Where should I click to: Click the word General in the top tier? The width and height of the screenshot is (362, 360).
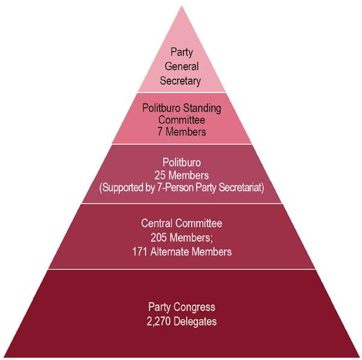182,66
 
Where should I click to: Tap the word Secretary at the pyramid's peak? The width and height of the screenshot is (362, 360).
180,81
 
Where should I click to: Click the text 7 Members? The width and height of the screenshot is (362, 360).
182,132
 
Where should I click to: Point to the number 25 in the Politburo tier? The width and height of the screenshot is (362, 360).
160,175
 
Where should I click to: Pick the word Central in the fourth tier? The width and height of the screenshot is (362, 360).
156,223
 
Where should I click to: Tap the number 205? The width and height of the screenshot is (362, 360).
159,238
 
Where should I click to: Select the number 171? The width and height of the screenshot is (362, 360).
140,252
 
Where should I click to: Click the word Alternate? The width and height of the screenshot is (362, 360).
170,252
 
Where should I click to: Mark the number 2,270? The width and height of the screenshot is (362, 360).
159,321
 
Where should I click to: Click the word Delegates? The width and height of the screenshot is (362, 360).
195,322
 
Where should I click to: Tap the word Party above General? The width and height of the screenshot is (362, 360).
182,52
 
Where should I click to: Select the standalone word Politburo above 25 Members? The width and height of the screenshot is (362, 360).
182,162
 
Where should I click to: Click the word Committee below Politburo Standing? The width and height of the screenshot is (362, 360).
182,120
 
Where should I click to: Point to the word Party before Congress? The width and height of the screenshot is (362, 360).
159,307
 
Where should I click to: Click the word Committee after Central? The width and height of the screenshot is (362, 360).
198,223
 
